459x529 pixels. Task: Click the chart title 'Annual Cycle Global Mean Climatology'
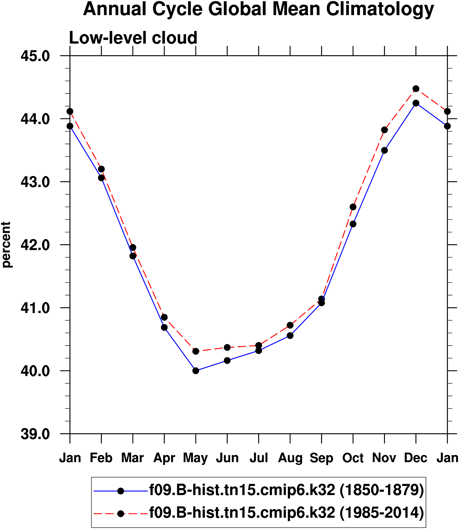(258, 9)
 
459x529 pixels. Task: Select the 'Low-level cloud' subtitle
(133, 38)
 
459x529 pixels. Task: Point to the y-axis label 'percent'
(6, 245)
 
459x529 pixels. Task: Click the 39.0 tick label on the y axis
(35, 434)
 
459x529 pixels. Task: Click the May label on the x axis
(196, 458)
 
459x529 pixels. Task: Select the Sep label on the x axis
(321, 458)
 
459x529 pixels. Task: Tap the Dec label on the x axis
(415, 458)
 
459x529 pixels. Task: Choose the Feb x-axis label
(101, 458)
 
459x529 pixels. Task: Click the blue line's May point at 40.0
(196, 371)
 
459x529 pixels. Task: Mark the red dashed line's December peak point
(416, 89)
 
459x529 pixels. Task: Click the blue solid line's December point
(416, 103)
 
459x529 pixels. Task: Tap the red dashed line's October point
(353, 207)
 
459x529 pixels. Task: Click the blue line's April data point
(164, 327)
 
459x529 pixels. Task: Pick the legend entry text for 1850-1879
(286, 490)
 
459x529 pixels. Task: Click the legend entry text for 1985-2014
(286, 513)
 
